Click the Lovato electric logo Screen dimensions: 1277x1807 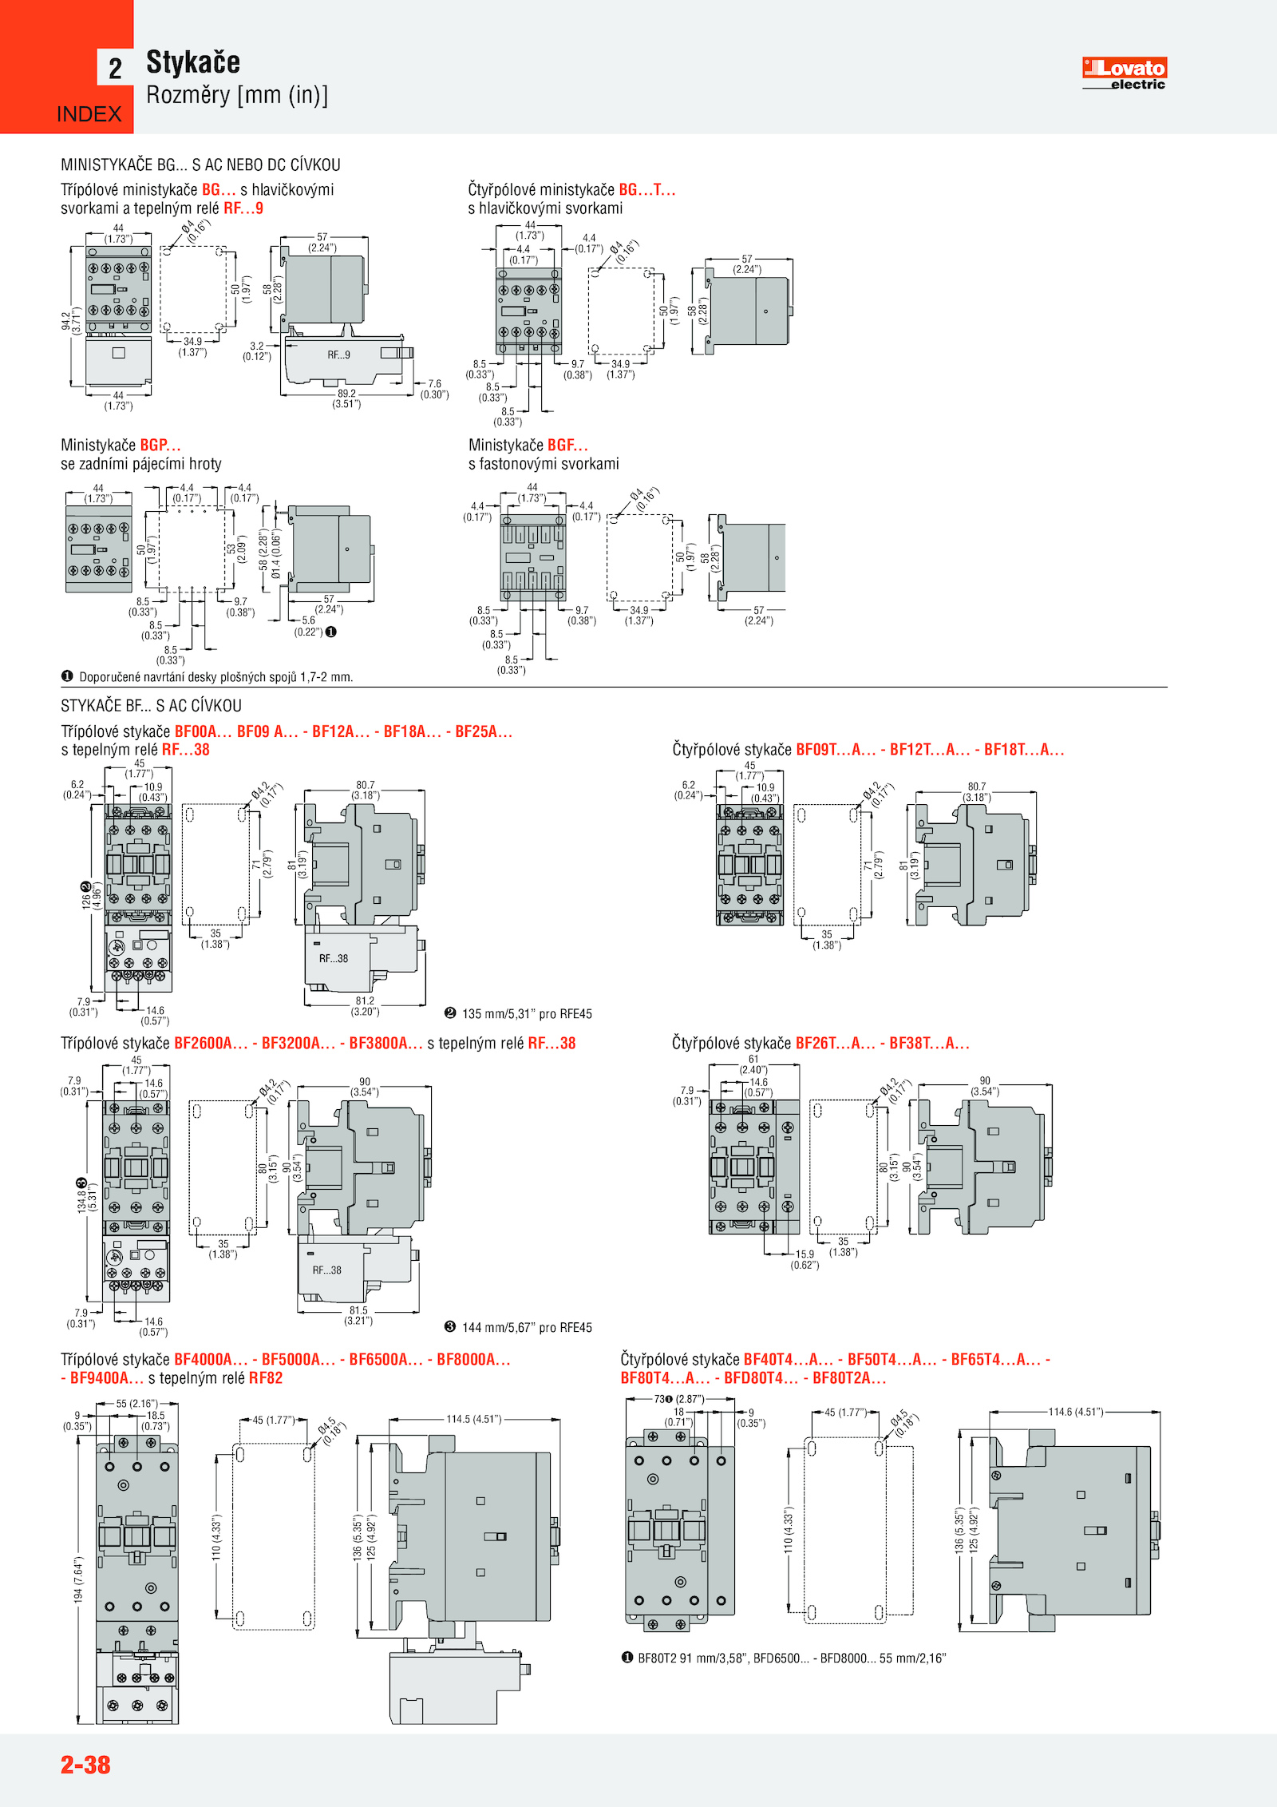pyautogui.click(x=1124, y=73)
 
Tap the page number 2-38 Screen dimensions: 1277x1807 pyautogui.click(x=85, y=1765)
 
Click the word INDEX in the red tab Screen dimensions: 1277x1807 pyautogui.click(x=89, y=114)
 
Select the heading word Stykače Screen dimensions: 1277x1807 pyautogui.click(x=193, y=62)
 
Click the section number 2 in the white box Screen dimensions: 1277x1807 pyautogui.click(x=116, y=69)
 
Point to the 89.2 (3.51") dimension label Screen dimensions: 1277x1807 pyautogui.click(x=346, y=398)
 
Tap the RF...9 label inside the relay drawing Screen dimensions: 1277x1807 pyautogui.click(x=338, y=355)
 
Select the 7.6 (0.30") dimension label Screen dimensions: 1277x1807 pyautogui.click(x=434, y=389)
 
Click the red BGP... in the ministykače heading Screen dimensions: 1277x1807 pyautogui.click(x=160, y=445)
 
